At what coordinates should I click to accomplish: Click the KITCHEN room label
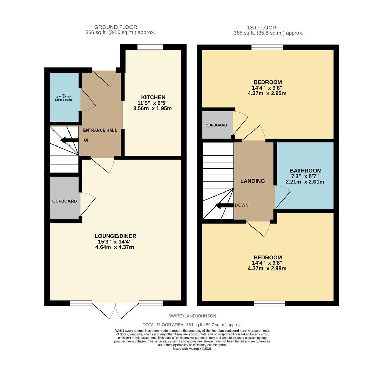point(153,97)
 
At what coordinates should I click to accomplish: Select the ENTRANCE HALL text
point(100,130)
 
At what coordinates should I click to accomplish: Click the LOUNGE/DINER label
point(115,236)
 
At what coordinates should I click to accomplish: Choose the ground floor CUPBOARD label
point(64,201)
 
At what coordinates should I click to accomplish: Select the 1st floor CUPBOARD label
point(216,125)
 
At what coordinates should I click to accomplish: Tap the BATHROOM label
point(305,171)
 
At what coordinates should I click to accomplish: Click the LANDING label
point(252,181)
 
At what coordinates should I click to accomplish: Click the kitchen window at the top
point(150,47)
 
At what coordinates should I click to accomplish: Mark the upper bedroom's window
point(267,47)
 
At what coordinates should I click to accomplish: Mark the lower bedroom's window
point(269,303)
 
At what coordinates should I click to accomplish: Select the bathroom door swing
point(282,197)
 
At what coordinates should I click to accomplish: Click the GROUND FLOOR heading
point(116,27)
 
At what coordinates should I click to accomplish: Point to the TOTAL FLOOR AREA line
point(192,325)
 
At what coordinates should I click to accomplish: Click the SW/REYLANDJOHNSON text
point(192,316)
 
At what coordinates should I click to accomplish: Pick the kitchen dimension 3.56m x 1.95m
point(152,109)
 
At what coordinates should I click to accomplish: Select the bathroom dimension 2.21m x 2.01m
point(305,182)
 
